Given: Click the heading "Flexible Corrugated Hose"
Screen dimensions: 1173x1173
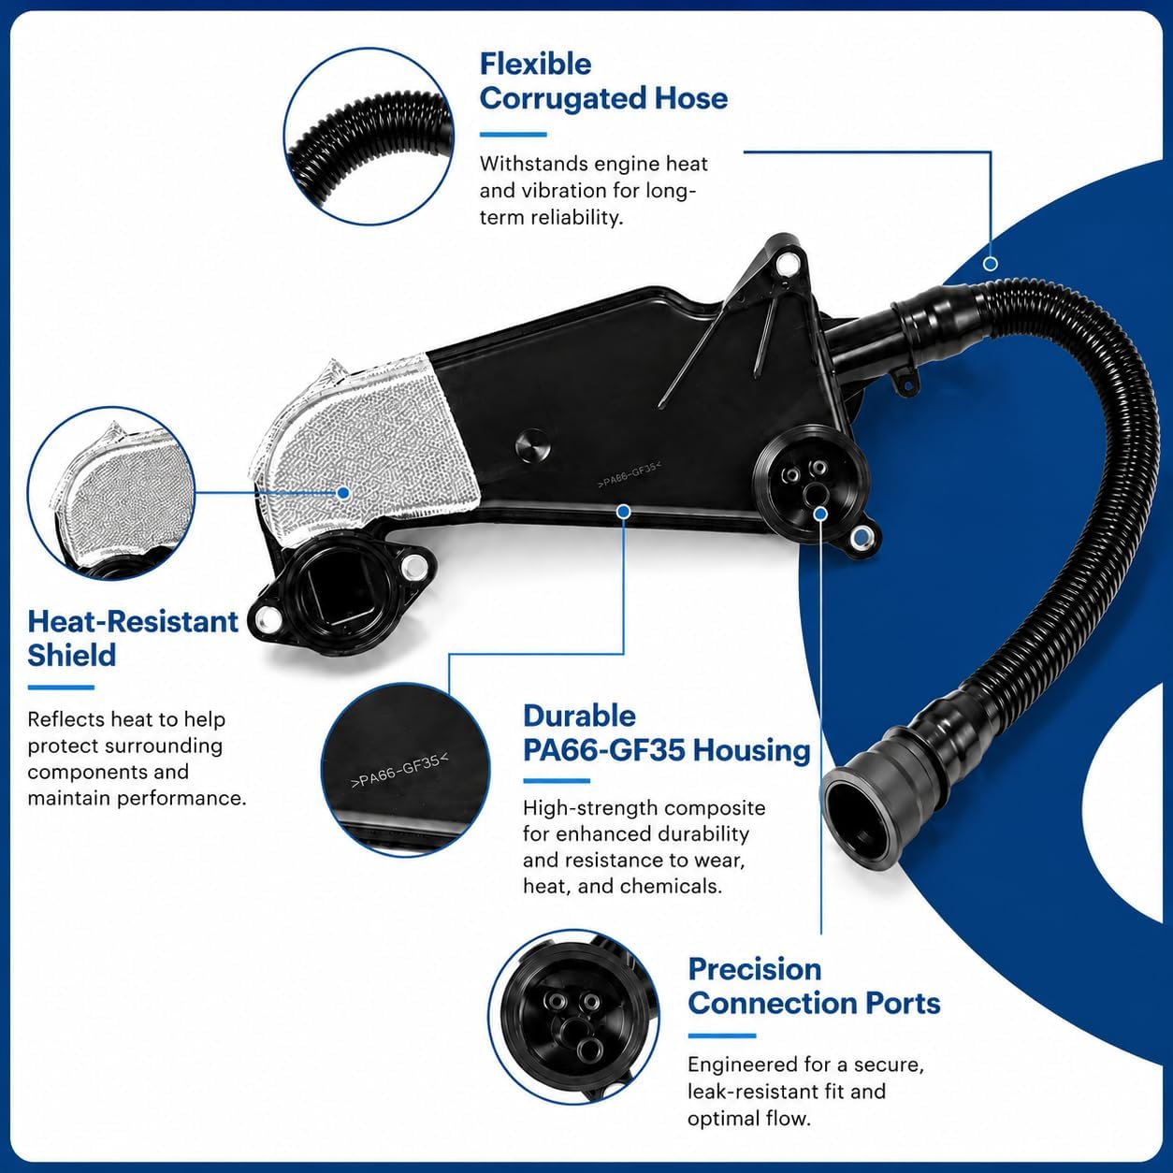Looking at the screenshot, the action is coord(603,81).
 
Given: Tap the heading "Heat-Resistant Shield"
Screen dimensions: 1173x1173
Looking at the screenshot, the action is coord(133,639).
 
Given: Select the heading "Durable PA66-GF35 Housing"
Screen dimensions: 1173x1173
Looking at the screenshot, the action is coord(667,733).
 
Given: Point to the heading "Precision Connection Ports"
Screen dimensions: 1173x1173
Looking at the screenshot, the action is coord(814,986).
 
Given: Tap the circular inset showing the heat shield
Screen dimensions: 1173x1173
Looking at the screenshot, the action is coord(111,493).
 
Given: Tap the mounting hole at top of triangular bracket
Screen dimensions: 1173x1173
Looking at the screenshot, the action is coord(787,263).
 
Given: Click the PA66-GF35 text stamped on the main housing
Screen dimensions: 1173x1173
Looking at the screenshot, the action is coord(630,474).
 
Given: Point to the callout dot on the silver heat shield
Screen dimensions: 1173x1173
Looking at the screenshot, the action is coord(343,492).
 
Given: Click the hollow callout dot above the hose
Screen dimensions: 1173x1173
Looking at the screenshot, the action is coord(991,264).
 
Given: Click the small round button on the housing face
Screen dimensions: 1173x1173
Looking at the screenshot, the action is coord(532,447).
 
